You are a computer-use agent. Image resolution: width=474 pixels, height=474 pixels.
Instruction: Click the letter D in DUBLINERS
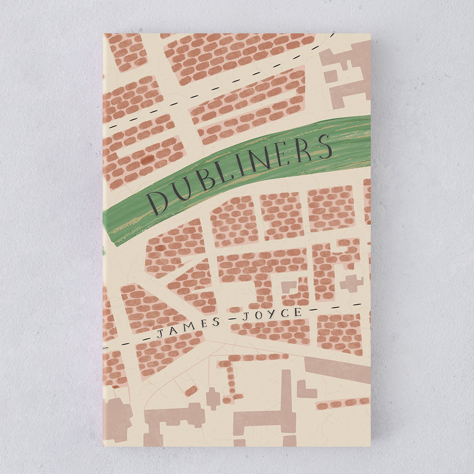157,203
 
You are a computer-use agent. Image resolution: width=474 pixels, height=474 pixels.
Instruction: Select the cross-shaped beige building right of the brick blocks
351,283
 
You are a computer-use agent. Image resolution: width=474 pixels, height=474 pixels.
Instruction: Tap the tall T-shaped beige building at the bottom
273,412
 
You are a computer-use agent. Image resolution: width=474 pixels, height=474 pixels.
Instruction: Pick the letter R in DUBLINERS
304,150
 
